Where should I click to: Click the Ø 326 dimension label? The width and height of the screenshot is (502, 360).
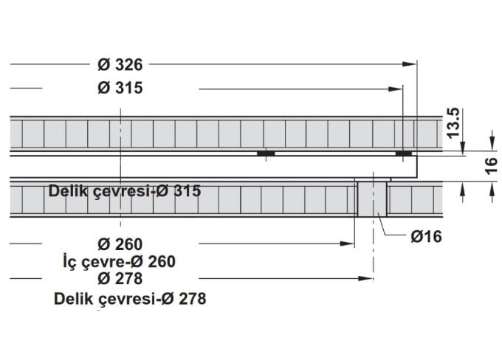[x=120, y=64]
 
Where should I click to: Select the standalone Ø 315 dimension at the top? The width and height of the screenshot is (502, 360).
[x=120, y=89]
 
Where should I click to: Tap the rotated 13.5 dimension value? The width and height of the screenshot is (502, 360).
[x=453, y=121]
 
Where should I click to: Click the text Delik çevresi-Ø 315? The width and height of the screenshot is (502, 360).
[x=125, y=190]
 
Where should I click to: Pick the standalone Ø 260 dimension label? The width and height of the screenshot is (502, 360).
[x=120, y=243]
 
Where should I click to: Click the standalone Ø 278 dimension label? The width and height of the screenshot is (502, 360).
[x=120, y=278]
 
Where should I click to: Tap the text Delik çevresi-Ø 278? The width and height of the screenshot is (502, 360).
[x=130, y=299]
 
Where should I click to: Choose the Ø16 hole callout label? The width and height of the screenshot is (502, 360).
[x=427, y=237]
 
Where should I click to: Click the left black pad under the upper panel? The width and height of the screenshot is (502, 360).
[x=266, y=153]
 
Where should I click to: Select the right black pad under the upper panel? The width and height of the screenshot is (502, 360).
[x=403, y=153]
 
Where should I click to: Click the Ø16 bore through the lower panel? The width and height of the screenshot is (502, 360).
[x=371, y=198]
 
